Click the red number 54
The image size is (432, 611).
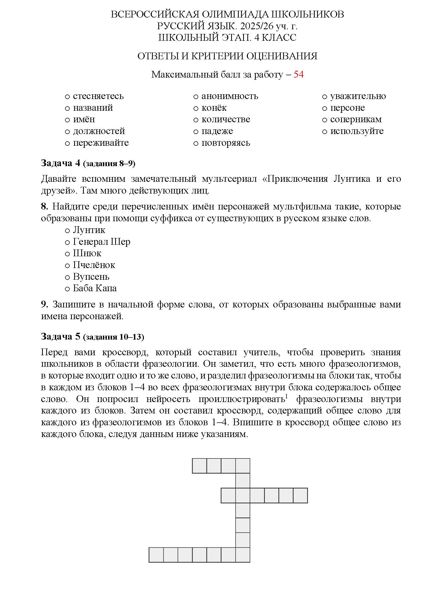(298, 74)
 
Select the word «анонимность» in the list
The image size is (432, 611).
(230, 96)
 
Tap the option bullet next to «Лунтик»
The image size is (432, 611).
(67, 230)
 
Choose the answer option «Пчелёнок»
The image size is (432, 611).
(94, 265)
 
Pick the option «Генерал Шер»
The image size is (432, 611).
(101, 242)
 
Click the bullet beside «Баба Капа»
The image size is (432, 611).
(67, 289)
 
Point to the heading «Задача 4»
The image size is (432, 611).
(60, 163)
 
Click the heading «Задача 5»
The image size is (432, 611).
(60, 336)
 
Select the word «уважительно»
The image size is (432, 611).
(358, 96)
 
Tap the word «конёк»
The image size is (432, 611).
(214, 108)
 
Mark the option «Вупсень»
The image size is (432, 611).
(91, 276)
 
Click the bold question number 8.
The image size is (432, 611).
(44, 206)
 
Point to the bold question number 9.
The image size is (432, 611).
(44, 304)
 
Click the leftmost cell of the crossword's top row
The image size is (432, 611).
(199, 466)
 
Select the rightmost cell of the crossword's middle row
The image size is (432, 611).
(300, 496)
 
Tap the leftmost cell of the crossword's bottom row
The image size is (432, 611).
(156, 555)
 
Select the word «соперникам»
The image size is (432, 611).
(356, 119)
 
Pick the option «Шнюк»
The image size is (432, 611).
(87, 253)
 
